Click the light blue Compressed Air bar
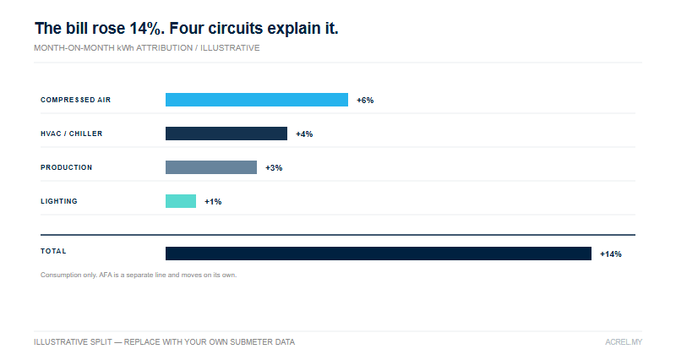point(257,100)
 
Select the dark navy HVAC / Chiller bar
point(226,134)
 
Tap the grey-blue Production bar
point(211,167)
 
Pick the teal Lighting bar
point(181,201)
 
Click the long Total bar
point(379,254)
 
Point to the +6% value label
point(365,100)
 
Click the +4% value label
point(304,134)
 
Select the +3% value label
point(274,167)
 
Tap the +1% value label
point(213,202)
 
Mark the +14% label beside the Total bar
point(611,254)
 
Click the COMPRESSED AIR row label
point(75,100)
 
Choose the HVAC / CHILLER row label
point(72,134)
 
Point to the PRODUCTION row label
point(67,167)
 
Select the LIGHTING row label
point(59,201)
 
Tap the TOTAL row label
point(53,251)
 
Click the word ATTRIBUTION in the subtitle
point(164,48)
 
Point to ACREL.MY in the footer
point(624,342)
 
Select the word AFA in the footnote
point(106,275)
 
